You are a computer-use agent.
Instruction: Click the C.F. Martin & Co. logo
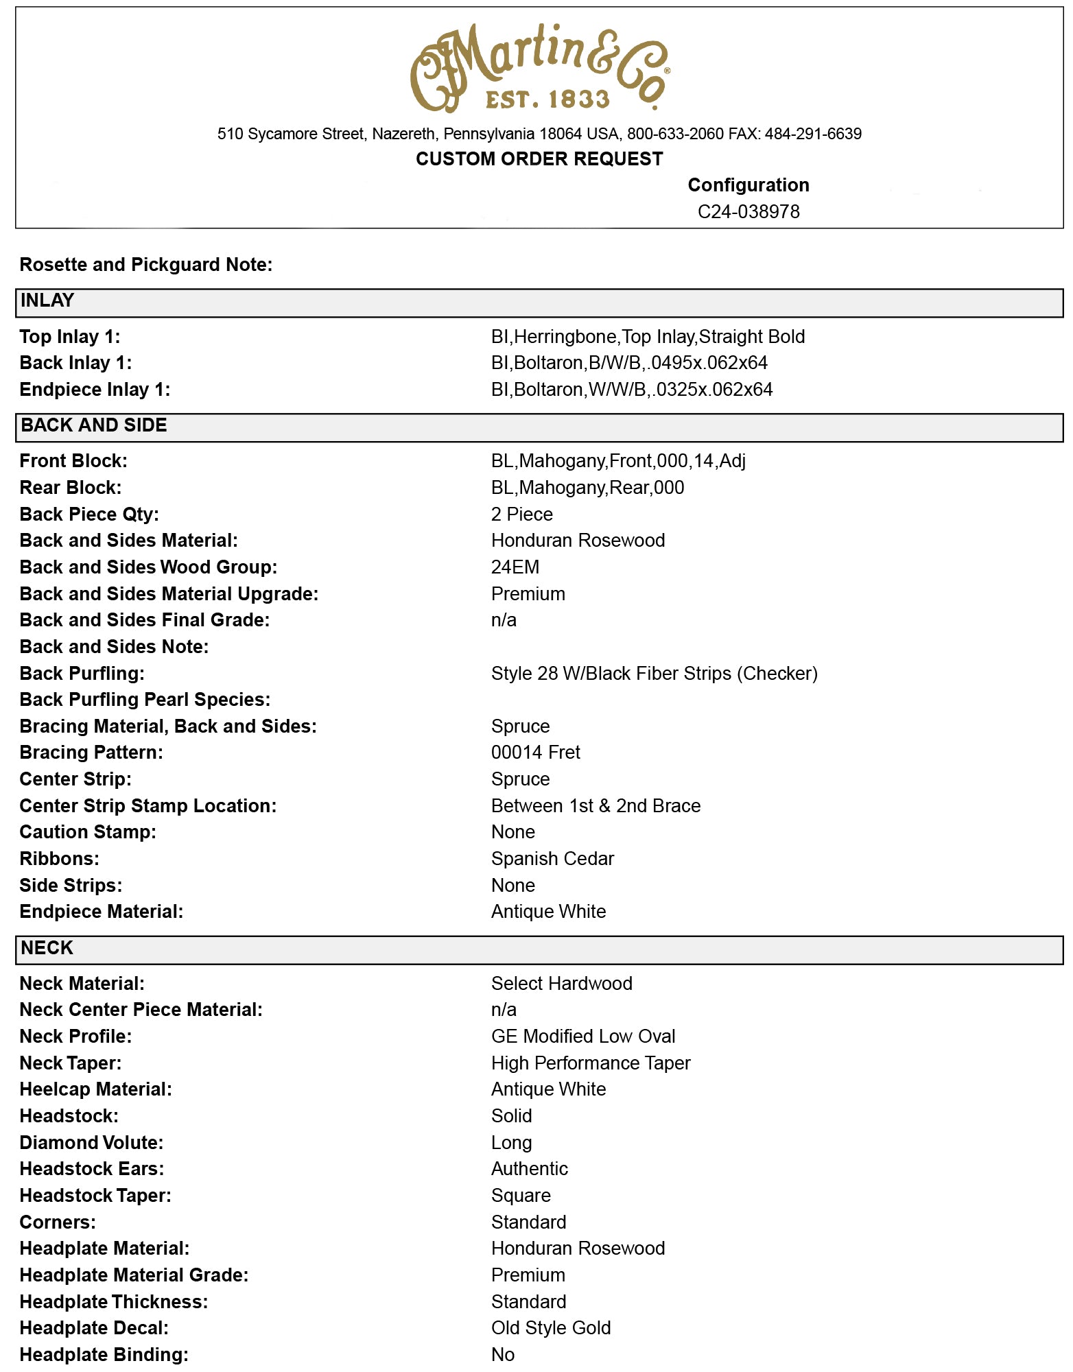click(x=540, y=67)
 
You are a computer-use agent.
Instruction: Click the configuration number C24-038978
click(x=748, y=211)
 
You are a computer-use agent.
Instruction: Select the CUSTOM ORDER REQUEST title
click(x=539, y=158)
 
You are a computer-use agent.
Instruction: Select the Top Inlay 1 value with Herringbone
click(x=648, y=337)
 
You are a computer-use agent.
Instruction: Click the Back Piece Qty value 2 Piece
click(x=521, y=514)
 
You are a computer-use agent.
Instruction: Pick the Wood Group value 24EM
click(x=515, y=567)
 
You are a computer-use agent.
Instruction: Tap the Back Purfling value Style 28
click(x=654, y=674)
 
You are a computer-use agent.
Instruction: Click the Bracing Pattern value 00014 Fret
click(x=535, y=753)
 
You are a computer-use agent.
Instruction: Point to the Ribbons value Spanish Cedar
click(x=552, y=859)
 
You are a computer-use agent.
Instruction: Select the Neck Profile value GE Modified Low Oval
click(x=582, y=1037)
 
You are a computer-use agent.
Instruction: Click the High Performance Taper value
click(x=590, y=1063)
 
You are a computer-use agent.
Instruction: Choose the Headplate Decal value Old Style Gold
click(x=550, y=1328)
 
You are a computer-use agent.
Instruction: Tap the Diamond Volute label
click(x=91, y=1143)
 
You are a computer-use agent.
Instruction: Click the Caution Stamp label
click(x=88, y=832)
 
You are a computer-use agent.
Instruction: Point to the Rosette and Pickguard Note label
click(x=145, y=265)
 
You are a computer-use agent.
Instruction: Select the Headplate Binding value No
click(x=503, y=1355)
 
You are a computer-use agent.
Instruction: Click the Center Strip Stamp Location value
click(x=596, y=806)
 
